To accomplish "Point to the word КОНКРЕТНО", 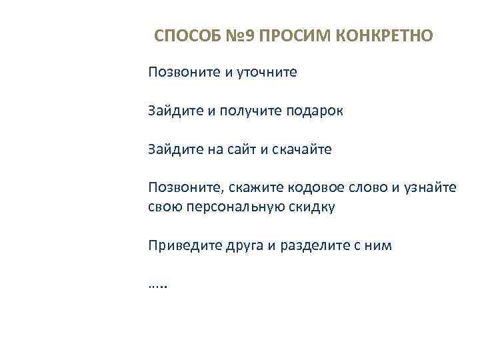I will tap(383, 35).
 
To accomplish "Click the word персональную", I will tap(234, 207).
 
